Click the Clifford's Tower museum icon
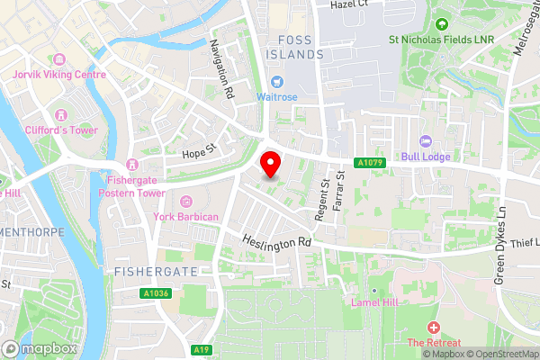[62, 114]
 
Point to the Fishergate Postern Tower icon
[131, 164]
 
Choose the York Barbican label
[186, 217]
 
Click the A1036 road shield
[154, 293]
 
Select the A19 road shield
[202, 349]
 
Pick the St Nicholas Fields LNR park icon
[441, 24]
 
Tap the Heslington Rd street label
[277, 241]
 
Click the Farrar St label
[340, 192]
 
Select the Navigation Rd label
[222, 67]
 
